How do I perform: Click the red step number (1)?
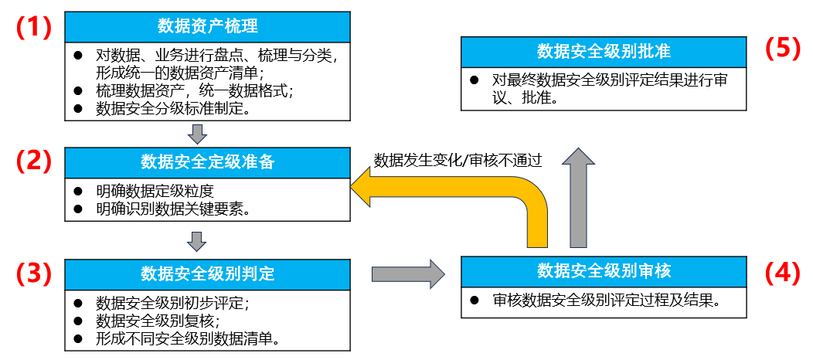click(34, 27)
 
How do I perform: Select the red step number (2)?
click(34, 161)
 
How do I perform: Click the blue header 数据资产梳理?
click(207, 26)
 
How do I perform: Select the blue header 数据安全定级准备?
click(207, 161)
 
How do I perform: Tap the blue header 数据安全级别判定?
click(207, 274)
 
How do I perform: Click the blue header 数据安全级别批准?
click(604, 52)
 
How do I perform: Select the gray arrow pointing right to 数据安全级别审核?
click(408, 273)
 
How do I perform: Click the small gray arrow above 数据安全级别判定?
click(198, 243)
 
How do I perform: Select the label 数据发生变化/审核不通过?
click(458, 161)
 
